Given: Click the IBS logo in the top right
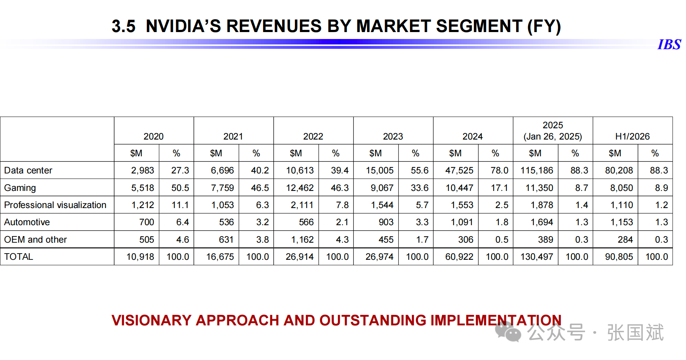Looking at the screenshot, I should pos(669,44).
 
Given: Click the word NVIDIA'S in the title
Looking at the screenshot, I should pos(183,26).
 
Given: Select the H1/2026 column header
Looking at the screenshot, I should pos(632,136).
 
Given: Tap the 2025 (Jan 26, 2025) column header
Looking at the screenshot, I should pos(553,131).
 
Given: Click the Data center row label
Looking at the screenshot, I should pos(28,170).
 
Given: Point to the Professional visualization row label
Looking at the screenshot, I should pos(55,205).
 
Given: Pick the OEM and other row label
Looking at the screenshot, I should pos(35,239).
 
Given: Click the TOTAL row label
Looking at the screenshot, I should pos(19,257).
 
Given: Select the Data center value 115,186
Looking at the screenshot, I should pos(537,170).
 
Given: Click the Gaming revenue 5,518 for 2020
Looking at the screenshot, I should pos(143,188).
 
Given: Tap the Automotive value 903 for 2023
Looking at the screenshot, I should pos(386,222).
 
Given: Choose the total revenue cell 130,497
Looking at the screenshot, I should pos(537,257).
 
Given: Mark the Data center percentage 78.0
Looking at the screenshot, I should pos(499,170).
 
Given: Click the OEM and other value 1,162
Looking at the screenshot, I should pos(302,239).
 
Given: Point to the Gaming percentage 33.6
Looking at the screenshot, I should pos(419,188).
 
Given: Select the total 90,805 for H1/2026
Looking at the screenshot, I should pos(619,257).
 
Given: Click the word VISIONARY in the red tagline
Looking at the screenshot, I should pos(151,320).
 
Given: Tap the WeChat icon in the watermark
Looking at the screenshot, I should pos(508,332).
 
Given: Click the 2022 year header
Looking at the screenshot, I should pos(313,136).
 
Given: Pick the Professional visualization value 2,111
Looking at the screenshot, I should pos(302,205).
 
